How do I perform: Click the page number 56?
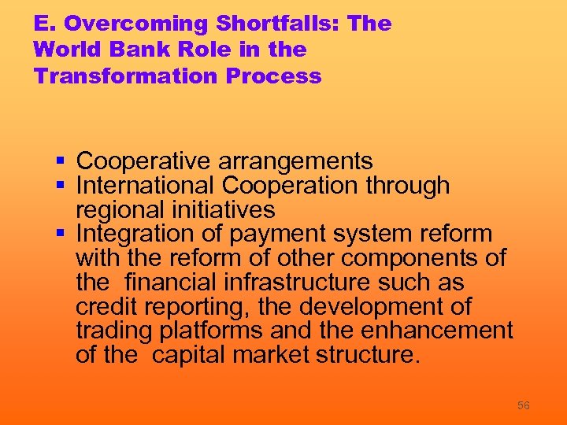523,405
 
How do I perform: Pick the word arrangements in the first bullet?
295,162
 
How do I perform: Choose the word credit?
106,307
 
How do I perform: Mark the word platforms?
208,331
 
